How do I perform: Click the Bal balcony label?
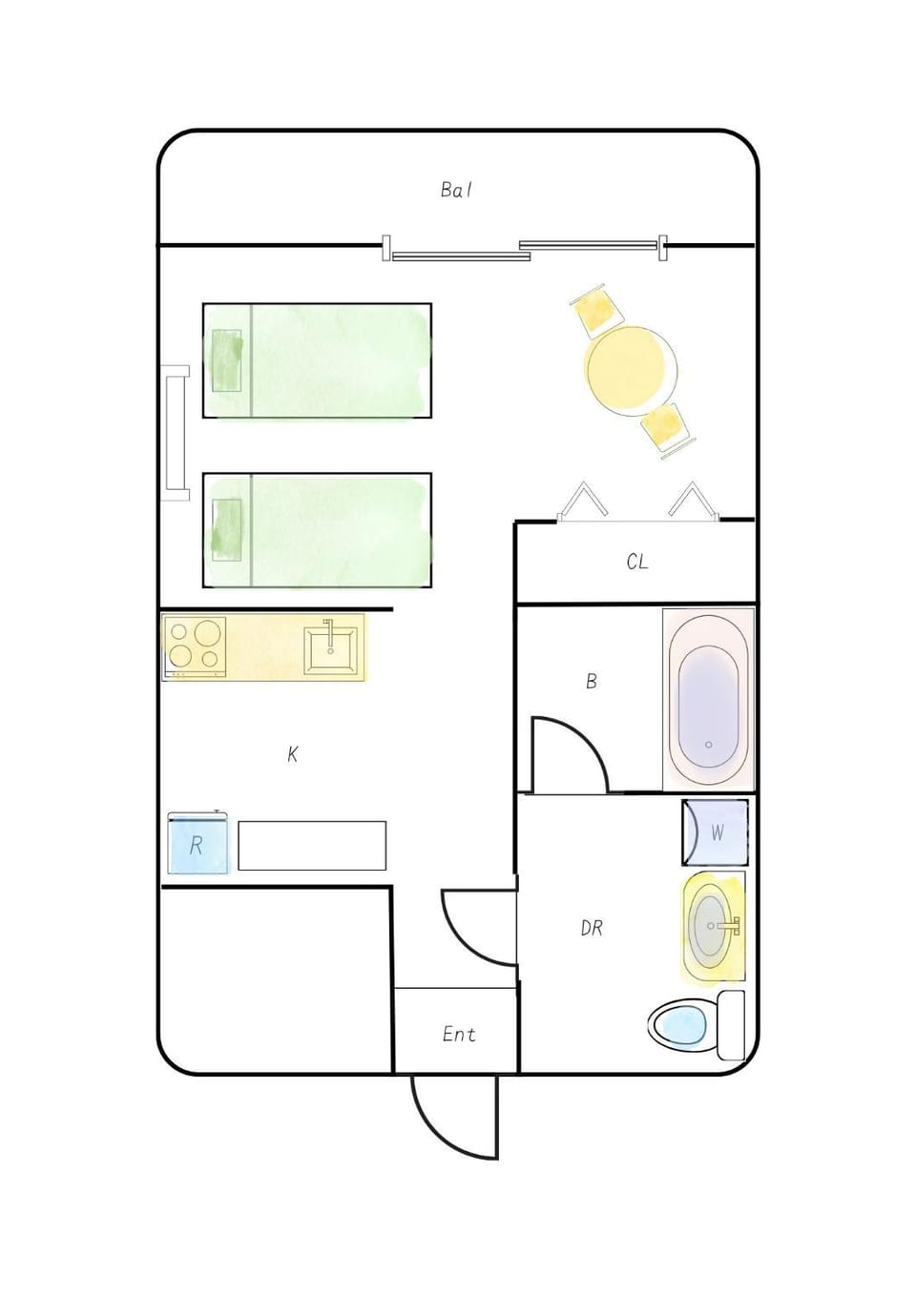(456, 190)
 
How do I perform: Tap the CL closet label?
(636, 562)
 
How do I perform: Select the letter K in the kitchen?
(292, 754)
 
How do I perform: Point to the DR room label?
(592, 929)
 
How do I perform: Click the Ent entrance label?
(459, 1034)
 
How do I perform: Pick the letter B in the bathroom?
(591, 682)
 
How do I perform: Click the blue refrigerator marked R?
(198, 843)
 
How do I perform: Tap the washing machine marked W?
(715, 832)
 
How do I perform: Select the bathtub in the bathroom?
(709, 699)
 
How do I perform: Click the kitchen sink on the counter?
(330, 651)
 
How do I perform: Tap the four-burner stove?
(195, 647)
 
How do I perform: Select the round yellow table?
(631, 371)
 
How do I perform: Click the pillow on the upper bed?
(227, 360)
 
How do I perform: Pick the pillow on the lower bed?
(227, 530)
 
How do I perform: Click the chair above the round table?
(598, 308)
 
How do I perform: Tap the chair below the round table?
(668, 430)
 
